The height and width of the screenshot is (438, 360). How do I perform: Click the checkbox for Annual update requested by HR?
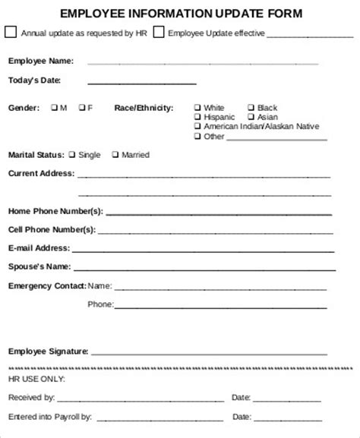(x=10, y=32)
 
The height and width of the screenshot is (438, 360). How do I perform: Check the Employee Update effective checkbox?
(x=158, y=32)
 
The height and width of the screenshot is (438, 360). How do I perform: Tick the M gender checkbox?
(x=54, y=108)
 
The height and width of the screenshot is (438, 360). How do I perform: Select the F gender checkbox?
(x=81, y=108)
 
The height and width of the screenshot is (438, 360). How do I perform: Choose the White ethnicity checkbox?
(x=197, y=108)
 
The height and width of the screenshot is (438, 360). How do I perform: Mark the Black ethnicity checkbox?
(x=251, y=108)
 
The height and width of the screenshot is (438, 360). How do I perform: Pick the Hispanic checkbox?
(x=197, y=117)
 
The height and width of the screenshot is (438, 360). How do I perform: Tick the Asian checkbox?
(x=251, y=117)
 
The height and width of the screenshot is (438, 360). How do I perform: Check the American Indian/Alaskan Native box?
(x=197, y=127)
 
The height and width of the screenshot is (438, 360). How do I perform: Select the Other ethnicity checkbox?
(x=197, y=137)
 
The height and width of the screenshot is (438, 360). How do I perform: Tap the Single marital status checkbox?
(x=71, y=155)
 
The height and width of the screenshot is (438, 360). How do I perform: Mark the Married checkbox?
(x=115, y=155)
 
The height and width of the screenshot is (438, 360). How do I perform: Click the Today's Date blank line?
(x=142, y=82)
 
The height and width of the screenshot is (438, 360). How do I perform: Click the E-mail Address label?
(x=39, y=247)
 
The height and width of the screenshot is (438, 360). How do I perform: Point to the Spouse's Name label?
(x=39, y=266)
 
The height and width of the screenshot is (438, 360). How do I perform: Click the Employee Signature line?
(x=213, y=353)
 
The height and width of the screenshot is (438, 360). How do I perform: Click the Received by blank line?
(x=140, y=398)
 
